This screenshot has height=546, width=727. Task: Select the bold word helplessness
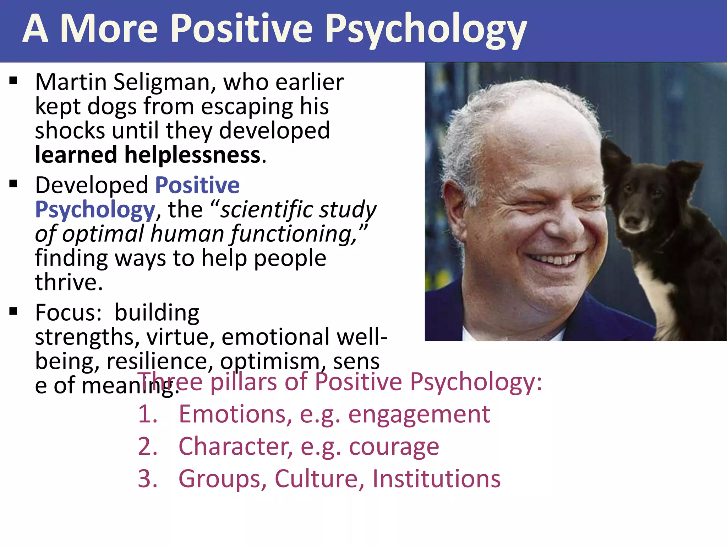click(192, 155)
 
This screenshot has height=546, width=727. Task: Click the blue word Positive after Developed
click(197, 185)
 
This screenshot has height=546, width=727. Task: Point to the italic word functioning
click(293, 235)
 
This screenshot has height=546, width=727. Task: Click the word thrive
click(68, 282)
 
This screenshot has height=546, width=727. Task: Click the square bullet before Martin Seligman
click(13, 81)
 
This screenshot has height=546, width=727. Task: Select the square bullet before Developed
click(13, 184)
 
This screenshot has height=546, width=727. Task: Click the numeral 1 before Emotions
click(147, 414)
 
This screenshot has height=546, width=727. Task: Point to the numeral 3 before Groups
click(147, 479)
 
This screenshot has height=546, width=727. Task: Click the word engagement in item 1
click(419, 414)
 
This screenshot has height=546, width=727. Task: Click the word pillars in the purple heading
click(244, 382)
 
